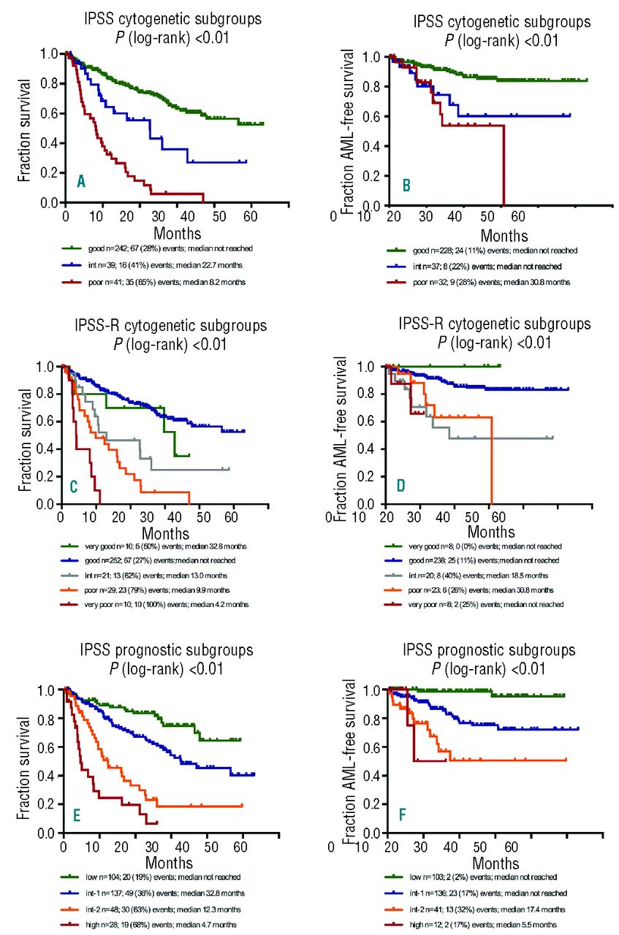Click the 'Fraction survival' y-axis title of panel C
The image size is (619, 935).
pos(26,438)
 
